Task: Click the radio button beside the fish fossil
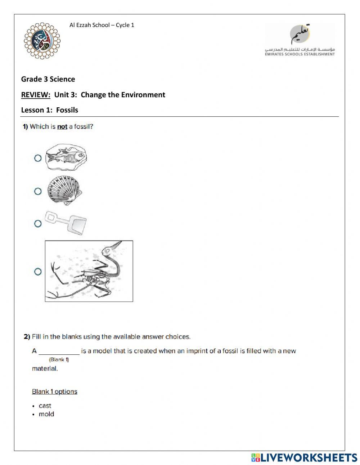pyautogui.click(x=38, y=158)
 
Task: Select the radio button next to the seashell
pyautogui.click(x=38, y=191)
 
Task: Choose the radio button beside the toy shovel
pyautogui.click(x=38, y=224)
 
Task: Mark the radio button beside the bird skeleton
pyautogui.click(x=38, y=272)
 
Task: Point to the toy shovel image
pyautogui.click(x=66, y=222)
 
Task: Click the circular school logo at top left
pyautogui.click(x=42, y=40)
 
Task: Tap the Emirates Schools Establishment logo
pyautogui.click(x=300, y=40)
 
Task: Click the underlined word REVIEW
pyautogui.click(x=36, y=95)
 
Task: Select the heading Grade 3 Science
pyautogui.click(x=48, y=79)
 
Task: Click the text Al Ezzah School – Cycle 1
pyautogui.click(x=102, y=25)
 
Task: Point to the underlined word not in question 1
pyautogui.click(x=62, y=127)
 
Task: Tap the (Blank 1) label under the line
pyautogui.click(x=59, y=359)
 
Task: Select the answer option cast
pyautogui.click(x=45, y=406)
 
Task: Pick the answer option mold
pyautogui.click(x=46, y=414)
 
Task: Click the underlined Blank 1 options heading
pyautogui.click(x=54, y=392)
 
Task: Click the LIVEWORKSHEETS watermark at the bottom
pyautogui.click(x=304, y=457)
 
